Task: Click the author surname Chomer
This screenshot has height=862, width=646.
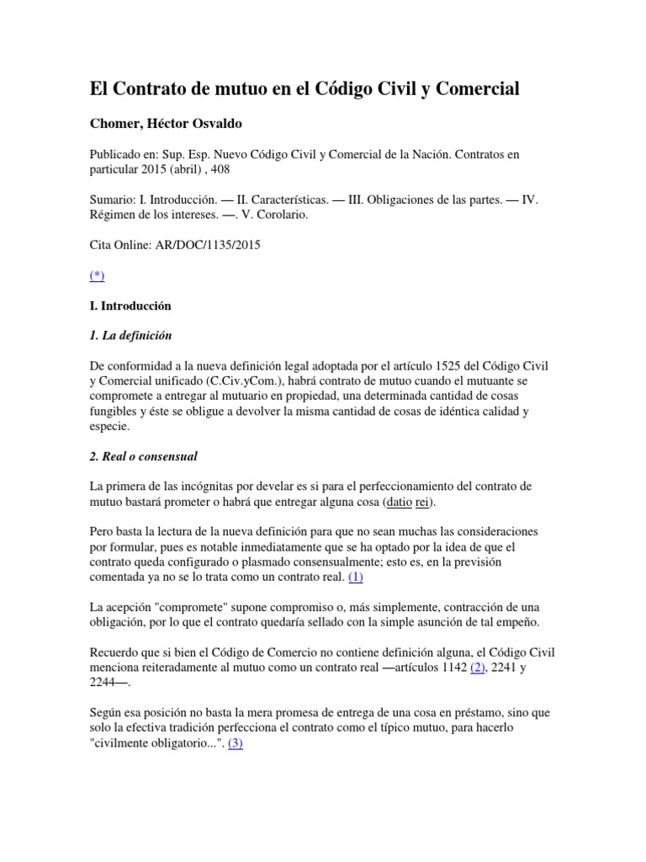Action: coord(117,124)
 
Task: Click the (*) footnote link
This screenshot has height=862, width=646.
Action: coord(98,274)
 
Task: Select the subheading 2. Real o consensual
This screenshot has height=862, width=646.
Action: coord(143,456)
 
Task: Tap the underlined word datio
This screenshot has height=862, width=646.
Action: coord(399,503)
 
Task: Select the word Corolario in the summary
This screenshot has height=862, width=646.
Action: coord(280,214)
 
